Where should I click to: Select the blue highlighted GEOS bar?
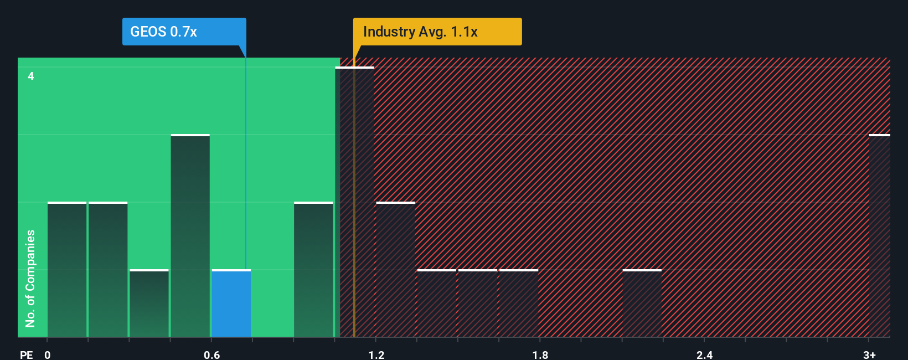[231, 304]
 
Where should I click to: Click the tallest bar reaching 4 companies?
[355, 202]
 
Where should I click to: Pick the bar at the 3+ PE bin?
[879, 235]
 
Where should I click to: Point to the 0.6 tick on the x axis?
[211, 354]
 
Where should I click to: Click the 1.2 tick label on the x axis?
[376, 354]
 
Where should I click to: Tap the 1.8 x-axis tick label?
[540, 354]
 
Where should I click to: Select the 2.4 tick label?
[704, 354]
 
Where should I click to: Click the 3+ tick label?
[869, 354]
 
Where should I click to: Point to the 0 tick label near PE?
[48, 354]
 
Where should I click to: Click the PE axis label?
[26, 354]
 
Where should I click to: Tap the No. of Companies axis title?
[30, 278]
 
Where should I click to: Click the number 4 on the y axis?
[31, 76]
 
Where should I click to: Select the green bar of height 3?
[190, 235]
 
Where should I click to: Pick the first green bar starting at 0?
[67, 270]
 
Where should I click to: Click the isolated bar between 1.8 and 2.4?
[642, 304]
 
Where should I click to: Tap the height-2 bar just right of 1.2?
[396, 270]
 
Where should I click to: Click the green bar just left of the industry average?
[313, 270]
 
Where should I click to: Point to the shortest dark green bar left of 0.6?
[149, 304]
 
